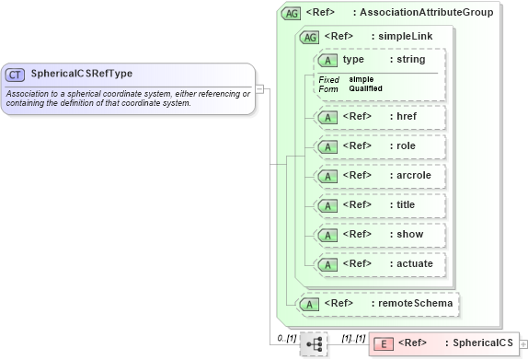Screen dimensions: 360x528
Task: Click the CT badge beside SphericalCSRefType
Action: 15,74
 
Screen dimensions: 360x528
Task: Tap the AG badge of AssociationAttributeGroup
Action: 292,13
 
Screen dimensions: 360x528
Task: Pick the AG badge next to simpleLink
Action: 310,37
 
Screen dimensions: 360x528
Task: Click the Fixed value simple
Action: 362,79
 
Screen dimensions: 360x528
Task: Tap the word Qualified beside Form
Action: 366,88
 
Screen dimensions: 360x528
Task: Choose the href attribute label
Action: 406,118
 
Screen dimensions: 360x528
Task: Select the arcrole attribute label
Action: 411,176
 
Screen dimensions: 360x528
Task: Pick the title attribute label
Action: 406,205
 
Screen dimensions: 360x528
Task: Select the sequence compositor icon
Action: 314,343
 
